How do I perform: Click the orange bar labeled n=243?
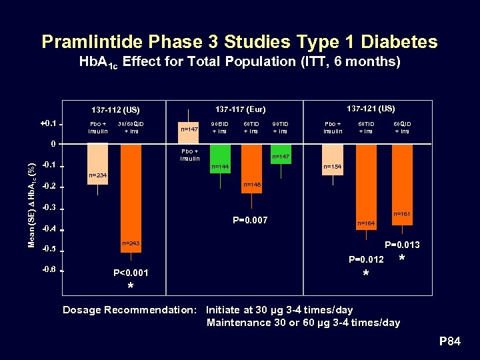[131, 193]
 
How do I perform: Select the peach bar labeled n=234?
[98, 164]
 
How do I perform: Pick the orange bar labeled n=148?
[251, 168]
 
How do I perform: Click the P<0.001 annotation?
[131, 273]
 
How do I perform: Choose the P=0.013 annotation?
[402, 245]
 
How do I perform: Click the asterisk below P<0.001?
[131, 287]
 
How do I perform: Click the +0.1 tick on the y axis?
[47, 124]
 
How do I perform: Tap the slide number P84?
[449, 342]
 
